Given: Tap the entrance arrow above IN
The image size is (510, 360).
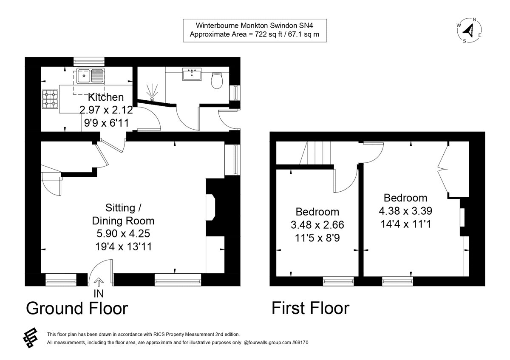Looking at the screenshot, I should [x=98, y=282].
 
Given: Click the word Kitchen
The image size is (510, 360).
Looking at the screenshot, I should [x=106, y=97].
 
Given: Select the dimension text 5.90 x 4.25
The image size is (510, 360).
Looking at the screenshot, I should [x=123, y=233].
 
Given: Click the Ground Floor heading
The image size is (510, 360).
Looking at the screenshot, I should [x=76, y=308].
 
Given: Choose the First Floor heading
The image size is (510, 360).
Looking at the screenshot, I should [x=310, y=308].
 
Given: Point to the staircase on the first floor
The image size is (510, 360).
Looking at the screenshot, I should [x=317, y=153].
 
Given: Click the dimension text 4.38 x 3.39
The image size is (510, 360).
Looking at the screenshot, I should [x=405, y=210].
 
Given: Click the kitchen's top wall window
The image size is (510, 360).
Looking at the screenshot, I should [x=89, y=61].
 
